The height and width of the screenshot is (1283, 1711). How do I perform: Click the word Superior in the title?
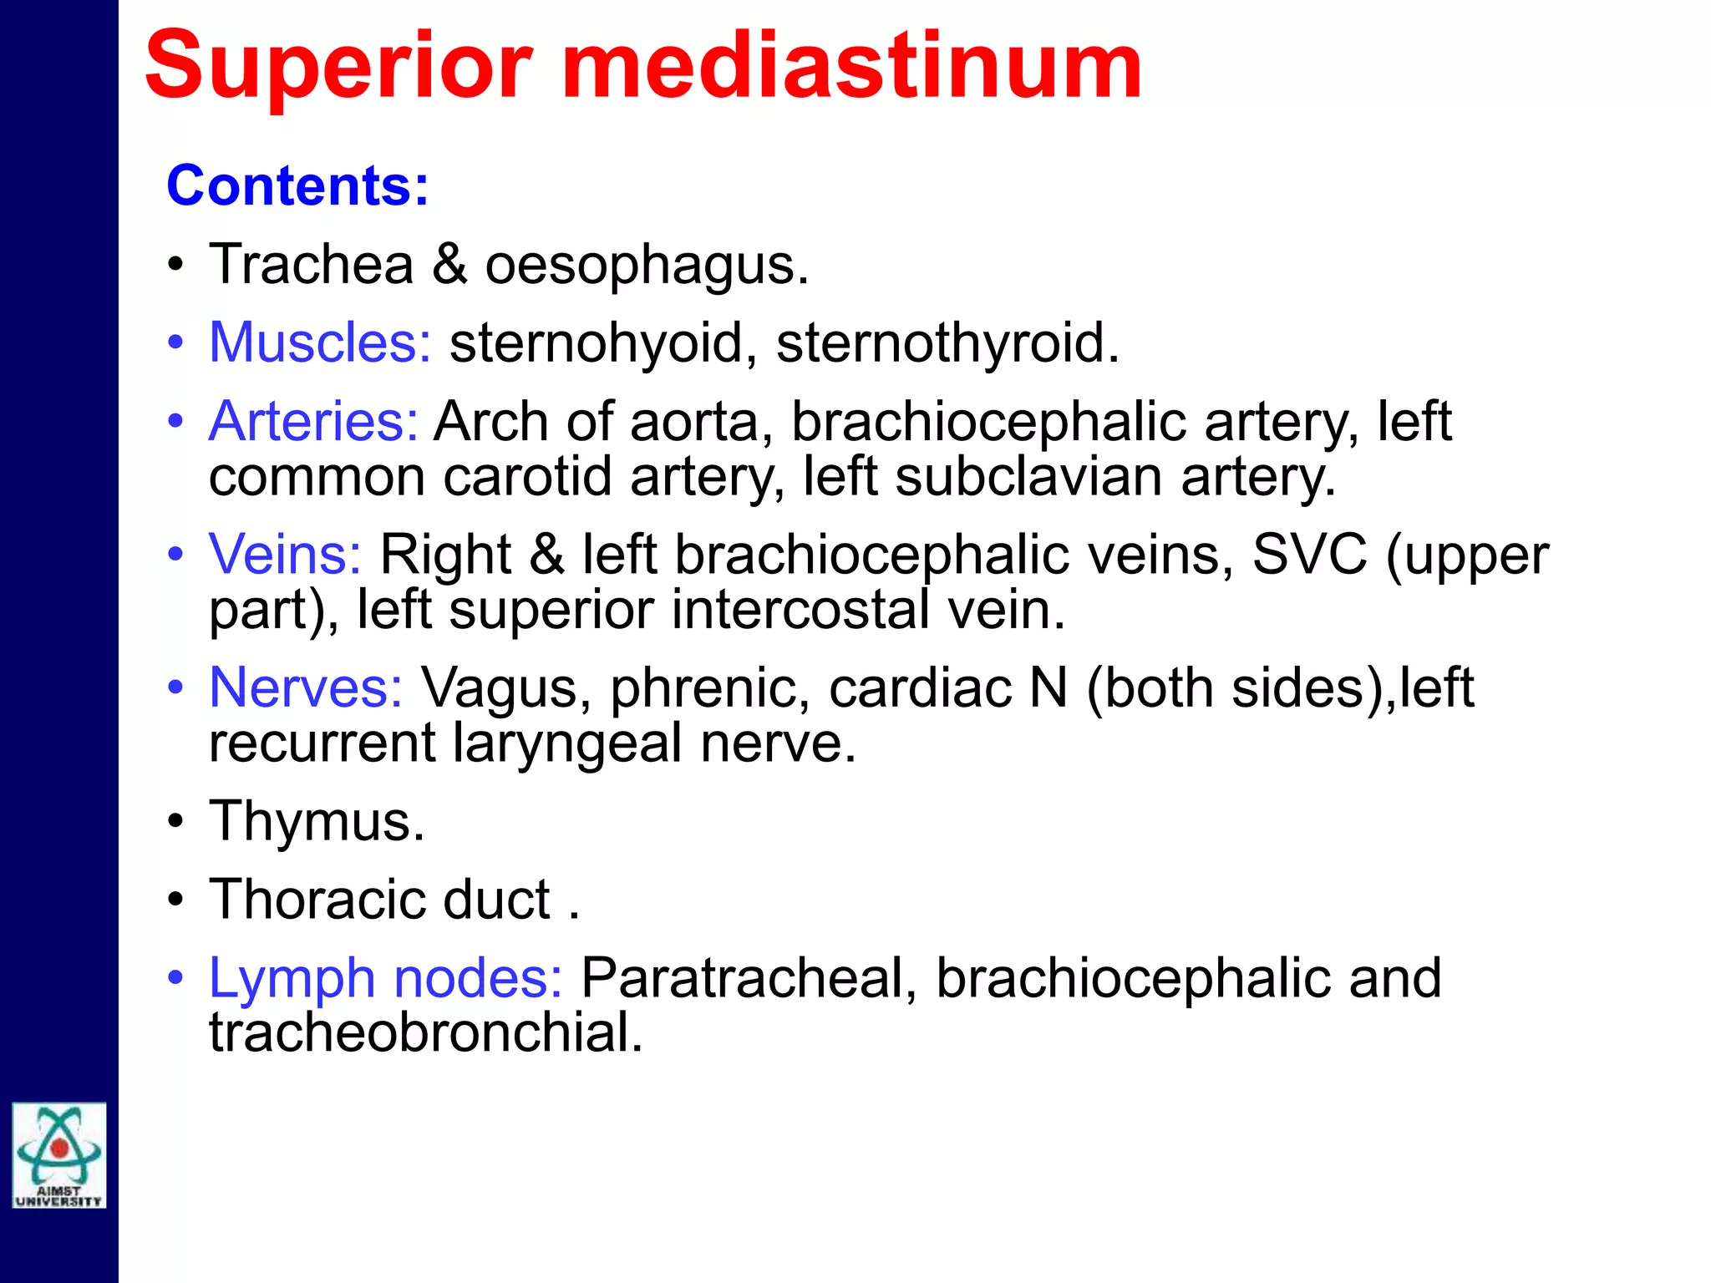(x=338, y=67)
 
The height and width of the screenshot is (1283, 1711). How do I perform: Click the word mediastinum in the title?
(x=851, y=67)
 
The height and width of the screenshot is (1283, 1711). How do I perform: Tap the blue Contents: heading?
(x=297, y=185)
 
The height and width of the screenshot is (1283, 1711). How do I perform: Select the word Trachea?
(x=311, y=265)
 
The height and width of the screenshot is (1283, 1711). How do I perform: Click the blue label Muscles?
(x=320, y=342)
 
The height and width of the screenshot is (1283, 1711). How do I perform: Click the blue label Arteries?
(x=313, y=421)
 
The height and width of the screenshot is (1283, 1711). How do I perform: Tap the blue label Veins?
(x=285, y=554)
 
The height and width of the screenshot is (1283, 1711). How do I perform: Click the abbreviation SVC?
(x=1309, y=554)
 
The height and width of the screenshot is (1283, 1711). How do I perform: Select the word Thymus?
(x=316, y=821)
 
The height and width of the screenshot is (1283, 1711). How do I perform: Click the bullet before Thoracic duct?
(x=175, y=900)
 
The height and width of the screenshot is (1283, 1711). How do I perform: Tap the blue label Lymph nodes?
(x=385, y=977)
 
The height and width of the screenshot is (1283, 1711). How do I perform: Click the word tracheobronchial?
(x=425, y=1032)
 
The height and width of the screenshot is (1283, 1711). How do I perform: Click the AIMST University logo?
(x=58, y=1155)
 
